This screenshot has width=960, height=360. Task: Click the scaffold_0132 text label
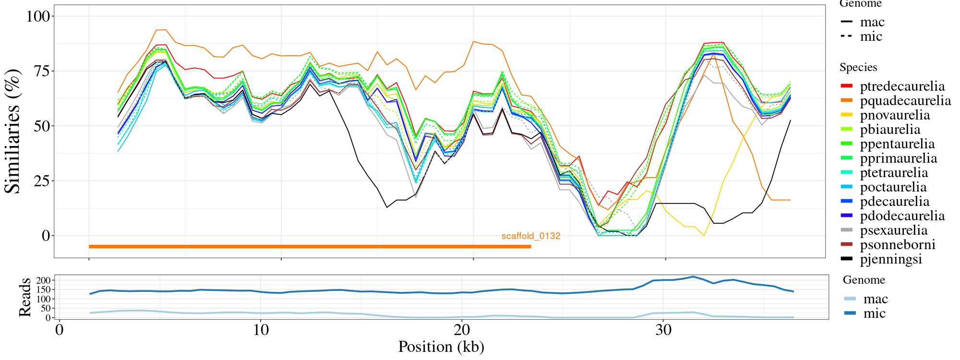pyautogui.click(x=531, y=236)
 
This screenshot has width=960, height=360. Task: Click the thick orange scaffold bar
pyautogui.click(x=310, y=247)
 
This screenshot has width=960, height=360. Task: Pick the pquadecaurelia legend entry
pyautogui.click(x=905, y=101)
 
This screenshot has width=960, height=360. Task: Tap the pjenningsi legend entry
pyautogui.click(x=891, y=259)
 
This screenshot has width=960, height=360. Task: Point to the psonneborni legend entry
pyautogui.click(x=898, y=245)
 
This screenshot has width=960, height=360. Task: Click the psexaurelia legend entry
pyautogui.click(x=894, y=230)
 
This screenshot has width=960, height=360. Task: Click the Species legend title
pyautogui.click(x=858, y=68)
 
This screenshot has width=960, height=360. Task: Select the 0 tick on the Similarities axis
pyautogui.click(x=46, y=236)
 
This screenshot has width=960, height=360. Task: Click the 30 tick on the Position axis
pyautogui.click(x=662, y=331)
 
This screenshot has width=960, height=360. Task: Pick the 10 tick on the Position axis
pyautogui.click(x=260, y=331)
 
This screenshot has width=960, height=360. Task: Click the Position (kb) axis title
pyautogui.click(x=441, y=347)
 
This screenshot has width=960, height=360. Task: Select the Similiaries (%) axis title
pyautogui.click(x=13, y=131)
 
